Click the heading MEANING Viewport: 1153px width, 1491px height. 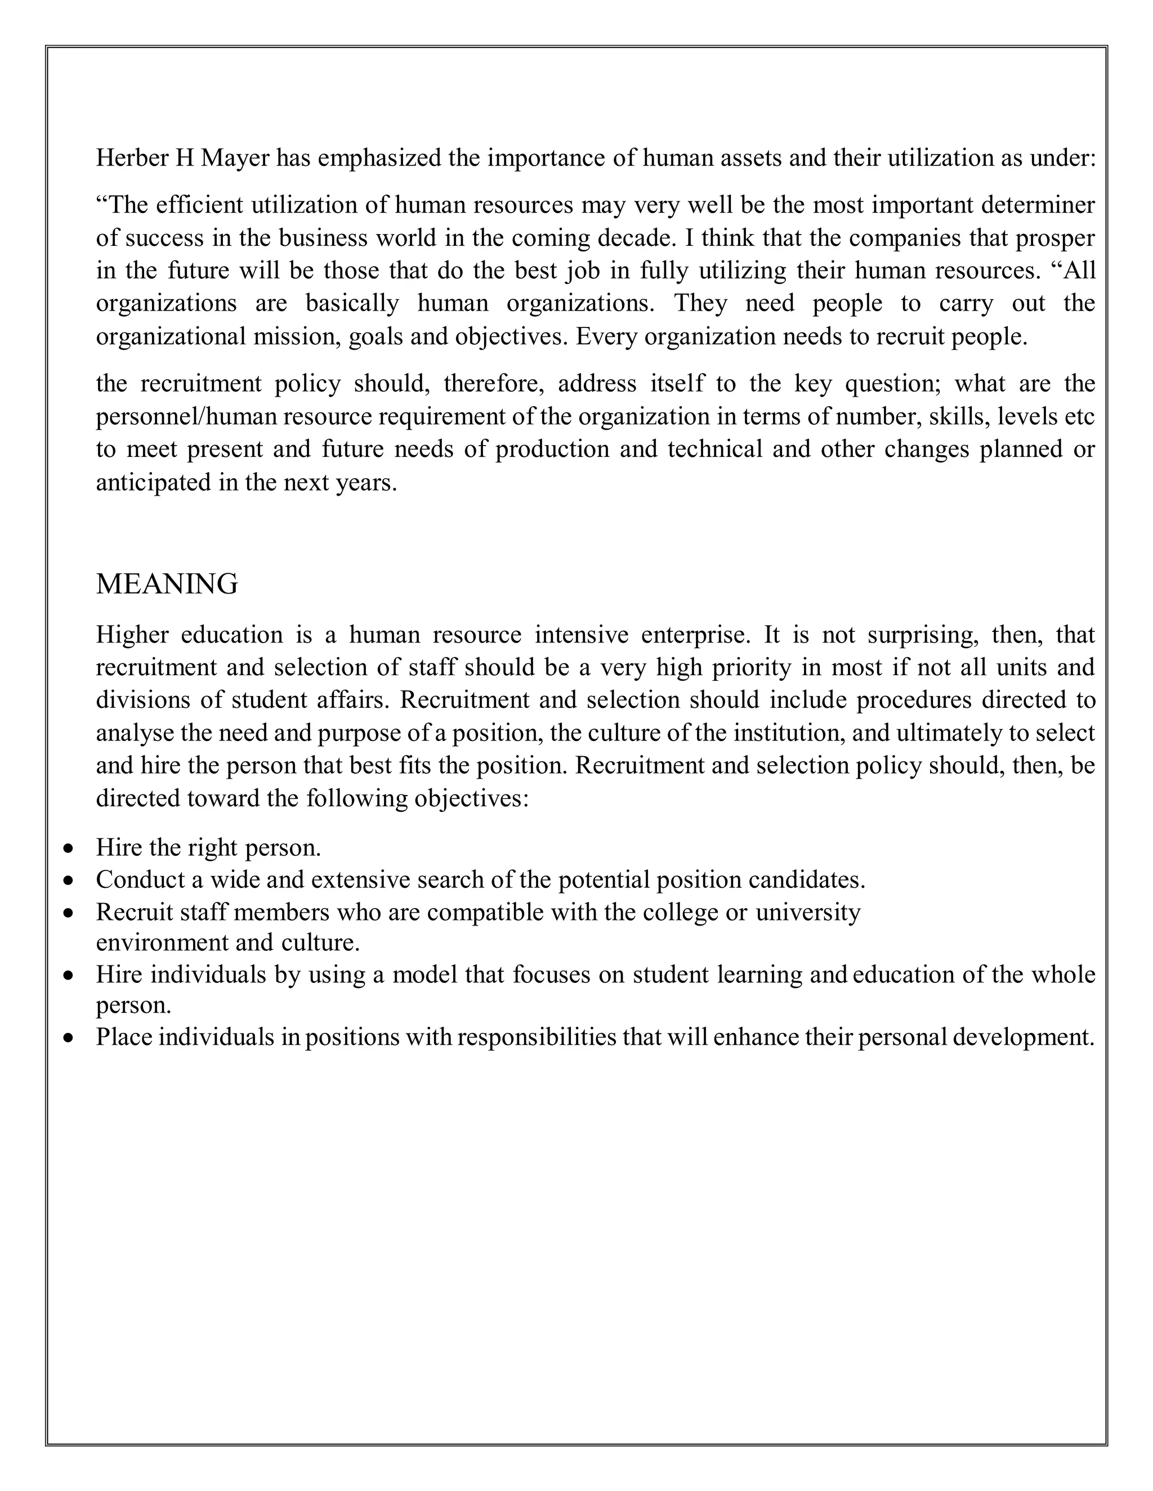pyautogui.click(x=167, y=585)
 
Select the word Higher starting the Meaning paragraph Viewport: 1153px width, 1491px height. pyautogui.click(x=132, y=635)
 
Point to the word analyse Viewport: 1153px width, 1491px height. pyautogui.click(x=134, y=733)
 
